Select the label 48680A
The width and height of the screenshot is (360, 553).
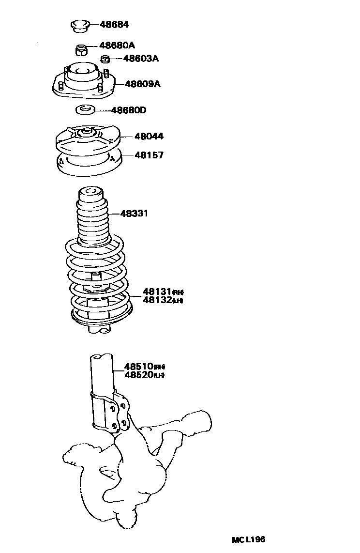tap(117, 46)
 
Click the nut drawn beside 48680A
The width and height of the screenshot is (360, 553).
tap(81, 49)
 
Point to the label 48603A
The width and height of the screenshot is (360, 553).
tap(141, 59)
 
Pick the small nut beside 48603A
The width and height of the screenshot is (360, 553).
tap(105, 59)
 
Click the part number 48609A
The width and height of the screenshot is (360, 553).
tap(142, 84)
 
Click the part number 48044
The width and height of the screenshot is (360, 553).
tap(135, 137)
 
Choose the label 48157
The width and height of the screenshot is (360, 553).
tap(135, 155)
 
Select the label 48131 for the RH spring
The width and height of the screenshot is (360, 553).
tap(158, 292)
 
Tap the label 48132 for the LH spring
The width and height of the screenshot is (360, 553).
tap(158, 300)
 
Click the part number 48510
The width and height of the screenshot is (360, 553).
tap(139, 366)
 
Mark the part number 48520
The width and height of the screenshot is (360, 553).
tap(139, 374)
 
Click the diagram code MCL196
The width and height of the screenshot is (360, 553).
tap(248, 539)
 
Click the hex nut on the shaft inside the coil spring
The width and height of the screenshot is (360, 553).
tap(97, 290)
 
